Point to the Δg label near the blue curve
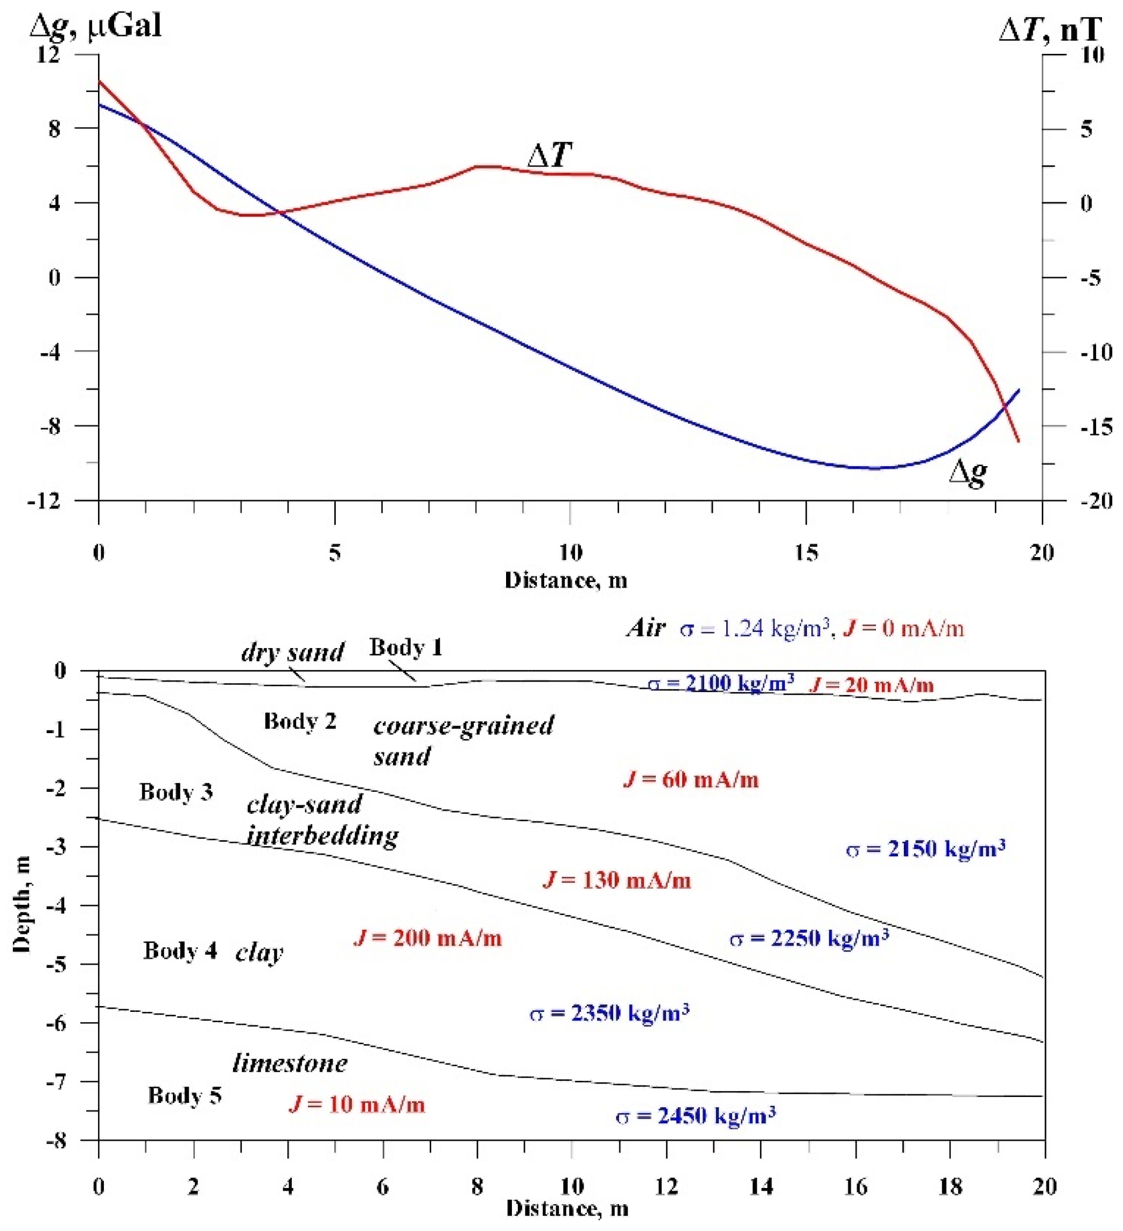[968, 473]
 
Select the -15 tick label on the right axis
[1096, 426]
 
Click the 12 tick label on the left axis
[50, 55]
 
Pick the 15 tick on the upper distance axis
[806, 553]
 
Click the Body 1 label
[405, 647]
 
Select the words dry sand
[292, 652]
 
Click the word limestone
[290, 1064]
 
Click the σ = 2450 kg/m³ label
[696, 1116]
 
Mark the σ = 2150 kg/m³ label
[926, 849]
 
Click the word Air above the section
[645, 628]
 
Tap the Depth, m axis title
[22, 904]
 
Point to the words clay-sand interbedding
[322, 820]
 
